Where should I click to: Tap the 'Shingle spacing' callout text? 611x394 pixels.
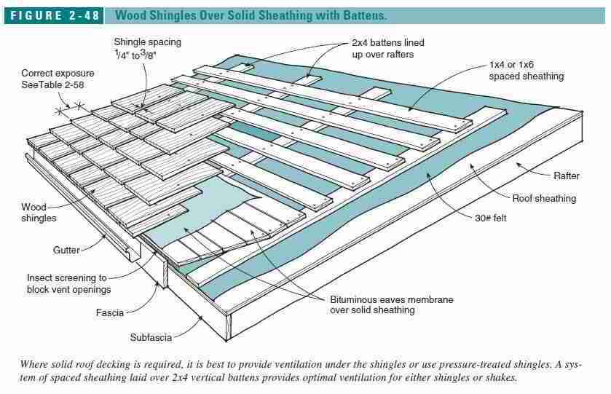point(147,42)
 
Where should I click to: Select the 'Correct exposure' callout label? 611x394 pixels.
point(57,74)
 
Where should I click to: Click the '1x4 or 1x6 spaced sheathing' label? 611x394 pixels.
point(526,71)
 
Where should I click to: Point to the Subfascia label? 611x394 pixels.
point(151,338)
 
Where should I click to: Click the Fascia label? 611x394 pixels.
point(110,313)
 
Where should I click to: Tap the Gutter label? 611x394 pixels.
point(66,250)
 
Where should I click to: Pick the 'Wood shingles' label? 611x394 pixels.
point(37,213)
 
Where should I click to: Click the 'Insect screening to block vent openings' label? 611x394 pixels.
point(68,283)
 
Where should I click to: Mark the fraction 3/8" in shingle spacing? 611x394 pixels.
point(172,55)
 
